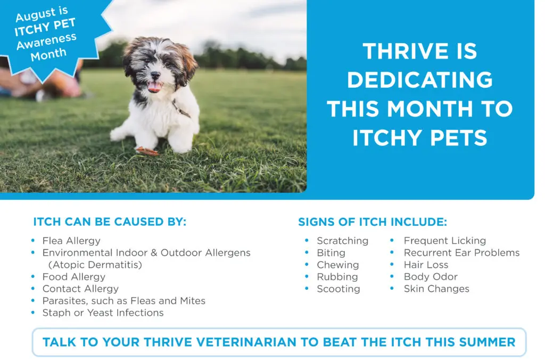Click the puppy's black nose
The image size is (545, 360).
[x=155, y=75]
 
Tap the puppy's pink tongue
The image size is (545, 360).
[x=154, y=87]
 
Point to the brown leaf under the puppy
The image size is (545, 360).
[x=146, y=151]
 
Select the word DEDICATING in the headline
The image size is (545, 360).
[x=420, y=80]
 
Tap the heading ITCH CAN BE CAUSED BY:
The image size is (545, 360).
[x=110, y=222]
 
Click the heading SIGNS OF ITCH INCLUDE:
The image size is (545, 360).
[x=373, y=222]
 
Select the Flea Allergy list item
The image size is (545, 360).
[x=71, y=241]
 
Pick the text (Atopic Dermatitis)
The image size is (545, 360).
[x=95, y=265]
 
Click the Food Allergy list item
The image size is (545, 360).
[x=73, y=277]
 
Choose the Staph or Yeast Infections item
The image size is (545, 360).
[x=103, y=313]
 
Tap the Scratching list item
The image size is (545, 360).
[x=342, y=241]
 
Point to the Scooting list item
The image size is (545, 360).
[x=338, y=289]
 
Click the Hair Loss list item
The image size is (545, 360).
[x=426, y=265]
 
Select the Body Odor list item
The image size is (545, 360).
[x=430, y=277]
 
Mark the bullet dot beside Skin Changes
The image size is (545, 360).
[x=392, y=288]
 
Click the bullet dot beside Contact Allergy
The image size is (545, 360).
[x=33, y=288]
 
